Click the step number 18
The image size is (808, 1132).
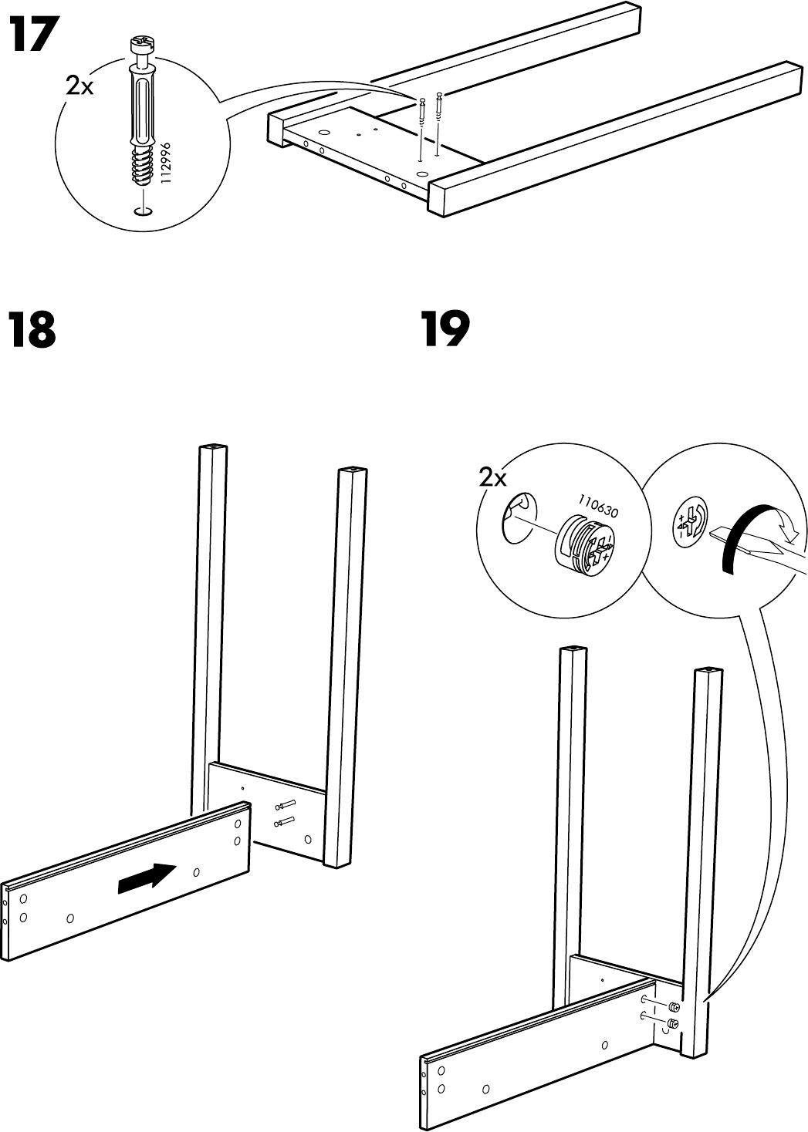click(x=32, y=330)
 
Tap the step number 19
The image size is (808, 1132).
click(x=445, y=330)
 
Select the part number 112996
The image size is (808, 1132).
click(x=164, y=163)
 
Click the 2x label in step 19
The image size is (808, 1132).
click(x=492, y=478)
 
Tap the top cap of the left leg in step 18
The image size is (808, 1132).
click(x=214, y=447)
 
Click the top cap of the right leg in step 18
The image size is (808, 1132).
click(x=351, y=469)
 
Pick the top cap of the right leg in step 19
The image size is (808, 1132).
click(x=708, y=672)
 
